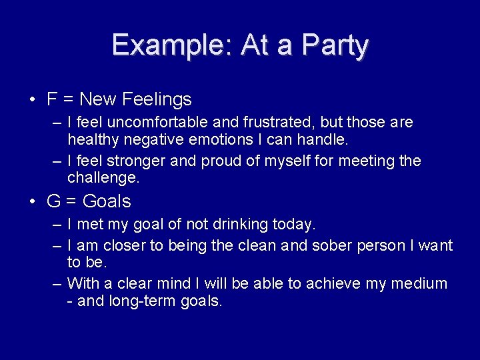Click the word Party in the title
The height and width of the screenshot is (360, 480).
[335, 45]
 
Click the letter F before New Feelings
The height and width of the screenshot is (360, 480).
[52, 100]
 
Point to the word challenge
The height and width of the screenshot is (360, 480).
[102, 178]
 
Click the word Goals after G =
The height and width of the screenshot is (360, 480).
[107, 201]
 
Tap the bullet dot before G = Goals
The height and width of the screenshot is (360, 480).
[32, 202]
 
